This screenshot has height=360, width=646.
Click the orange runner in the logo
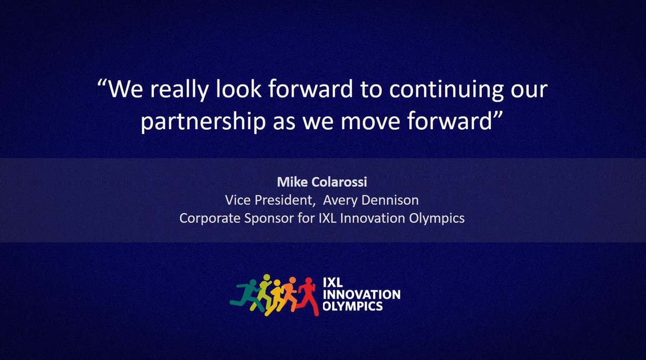(x=291, y=294)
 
